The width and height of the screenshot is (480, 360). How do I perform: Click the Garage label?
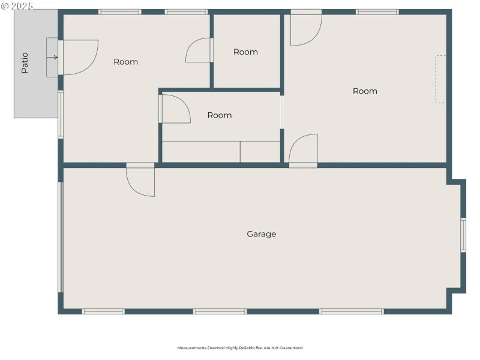pos(262,234)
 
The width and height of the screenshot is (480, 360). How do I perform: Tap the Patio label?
pos(25,62)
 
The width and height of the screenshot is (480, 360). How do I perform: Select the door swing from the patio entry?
pos(79,58)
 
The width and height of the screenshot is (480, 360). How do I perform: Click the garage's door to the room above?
pos(141,180)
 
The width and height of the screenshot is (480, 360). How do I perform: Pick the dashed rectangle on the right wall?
pos(440,79)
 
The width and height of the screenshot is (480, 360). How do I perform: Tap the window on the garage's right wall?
pos(463,235)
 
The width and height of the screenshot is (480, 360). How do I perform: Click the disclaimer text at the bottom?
pos(239,348)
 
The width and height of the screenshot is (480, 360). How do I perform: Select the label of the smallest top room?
pos(245,52)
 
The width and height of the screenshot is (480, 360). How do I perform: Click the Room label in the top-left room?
pos(125,62)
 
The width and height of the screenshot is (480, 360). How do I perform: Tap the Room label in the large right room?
pos(365,91)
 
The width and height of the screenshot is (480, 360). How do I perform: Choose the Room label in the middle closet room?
pos(219,115)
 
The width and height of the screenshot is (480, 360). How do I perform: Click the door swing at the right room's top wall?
pos(306,29)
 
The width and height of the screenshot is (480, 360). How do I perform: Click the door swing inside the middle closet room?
pos(175,109)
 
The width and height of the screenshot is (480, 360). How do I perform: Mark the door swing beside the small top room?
pos(199,50)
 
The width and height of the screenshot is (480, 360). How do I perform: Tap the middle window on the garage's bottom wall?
pos(220,311)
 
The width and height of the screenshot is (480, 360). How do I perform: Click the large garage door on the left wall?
pos(60,237)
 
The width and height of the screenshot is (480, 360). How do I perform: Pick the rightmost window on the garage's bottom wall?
pos(352,311)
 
